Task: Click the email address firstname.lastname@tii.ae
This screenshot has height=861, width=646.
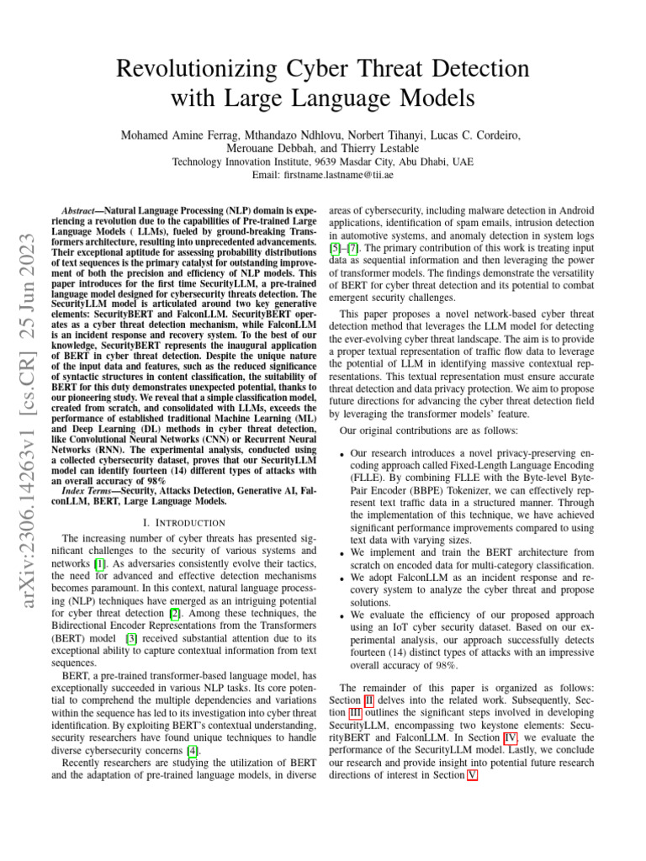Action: (x=347, y=175)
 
